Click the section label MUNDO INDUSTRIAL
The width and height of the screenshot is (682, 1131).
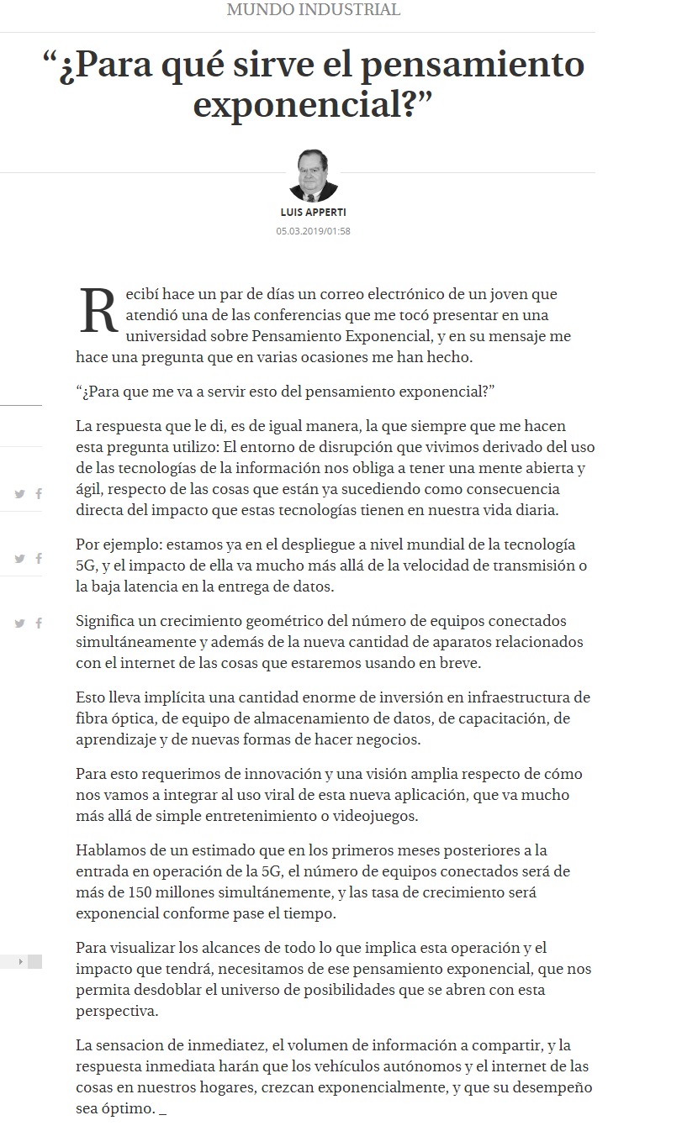[x=314, y=10]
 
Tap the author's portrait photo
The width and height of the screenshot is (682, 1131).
[x=313, y=174]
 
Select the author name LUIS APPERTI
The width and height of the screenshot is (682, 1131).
[x=313, y=213]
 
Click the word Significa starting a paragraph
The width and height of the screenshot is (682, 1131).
[x=108, y=621]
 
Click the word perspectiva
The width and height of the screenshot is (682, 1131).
[x=116, y=1011]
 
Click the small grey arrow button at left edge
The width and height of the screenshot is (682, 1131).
[x=20, y=961]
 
